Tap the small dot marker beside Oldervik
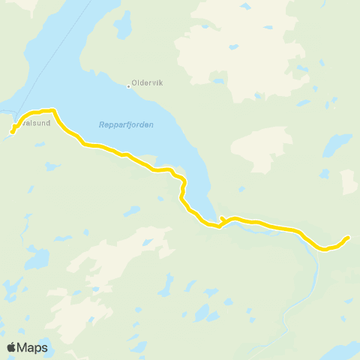(x=129, y=85)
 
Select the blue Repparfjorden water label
(x=126, y=125)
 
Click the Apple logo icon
(x=12, y=347)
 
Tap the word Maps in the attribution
(x=33, y=347)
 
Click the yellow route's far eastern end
(x=349, y=238)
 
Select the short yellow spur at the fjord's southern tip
(x=223, y=219)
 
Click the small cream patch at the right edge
(x=349, y=181)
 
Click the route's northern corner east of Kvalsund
(x=52, y=110)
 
